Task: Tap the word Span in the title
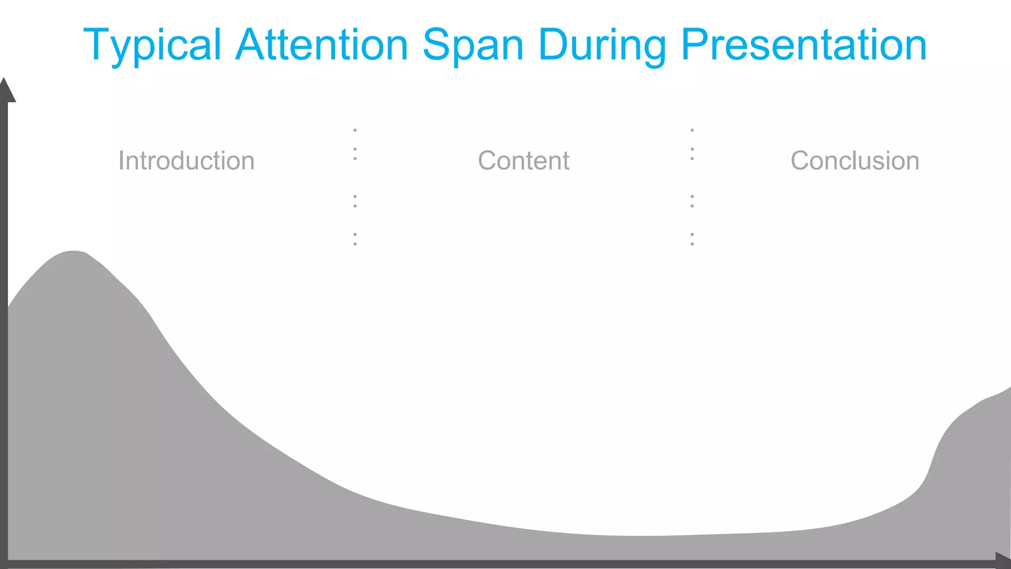coord(472,45)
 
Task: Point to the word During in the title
coord(602,45)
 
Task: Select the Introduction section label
coord(186,161)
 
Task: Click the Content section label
coord(524,161)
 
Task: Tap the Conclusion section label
coord(855,161)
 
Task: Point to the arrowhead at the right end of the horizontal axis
coord(1003,561)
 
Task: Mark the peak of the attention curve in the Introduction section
coord(74,252)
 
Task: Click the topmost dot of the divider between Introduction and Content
coord(355,130)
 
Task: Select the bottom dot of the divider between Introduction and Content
coord(355,244)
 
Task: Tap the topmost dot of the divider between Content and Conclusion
coord(692,130)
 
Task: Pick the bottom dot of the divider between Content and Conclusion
coord(692,244)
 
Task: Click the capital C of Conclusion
coord(801,161)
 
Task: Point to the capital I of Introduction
coord(121,161)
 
